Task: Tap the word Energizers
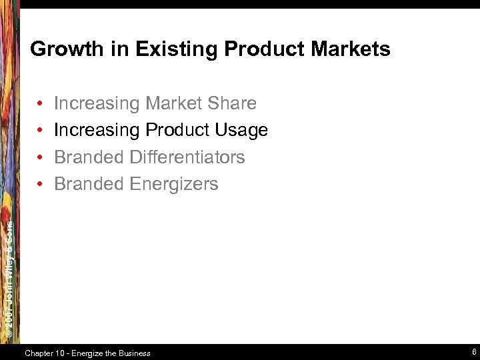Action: click(174, 184)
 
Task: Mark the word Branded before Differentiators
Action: click(89, 157)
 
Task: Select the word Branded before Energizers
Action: click(89, 184)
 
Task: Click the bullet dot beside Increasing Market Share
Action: click(41, 104)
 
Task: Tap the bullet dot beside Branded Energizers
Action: click(41, 185)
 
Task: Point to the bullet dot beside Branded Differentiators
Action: click(41, 158)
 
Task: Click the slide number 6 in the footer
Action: click(473, 352)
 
